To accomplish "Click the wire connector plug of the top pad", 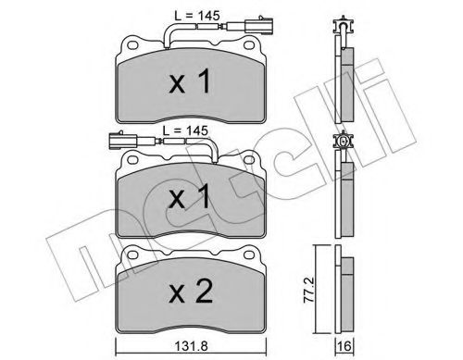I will click(x=254, y=43).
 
